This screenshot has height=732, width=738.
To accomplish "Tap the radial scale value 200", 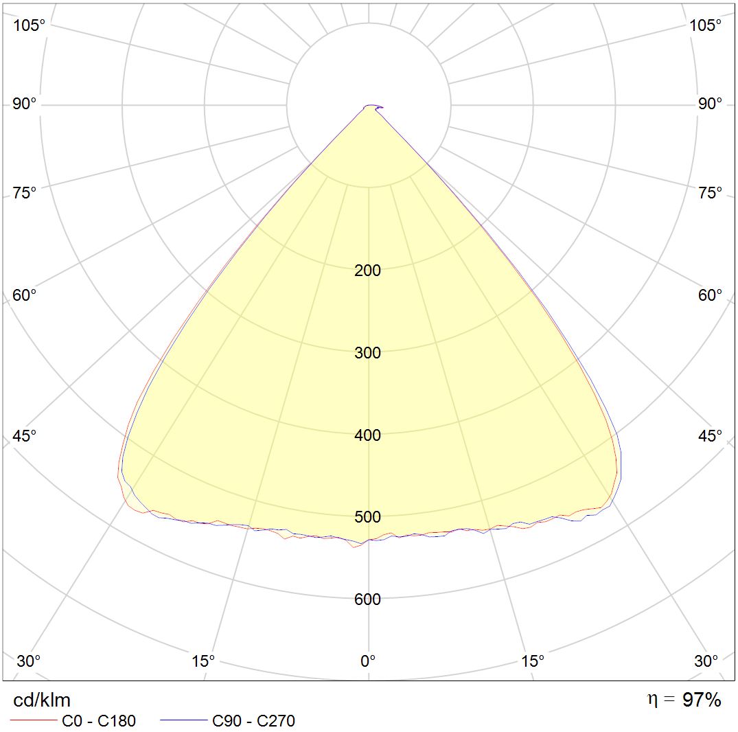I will click(367, 271).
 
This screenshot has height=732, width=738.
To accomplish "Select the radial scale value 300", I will click(367, 353).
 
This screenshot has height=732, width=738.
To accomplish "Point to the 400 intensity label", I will click(367, 435).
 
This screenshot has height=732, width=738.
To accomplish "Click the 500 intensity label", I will click(367, 517).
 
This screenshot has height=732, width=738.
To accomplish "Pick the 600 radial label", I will click(367, 599).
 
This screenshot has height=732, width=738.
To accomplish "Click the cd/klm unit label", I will click(42, 700).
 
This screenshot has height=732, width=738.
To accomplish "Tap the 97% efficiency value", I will click(702, 700).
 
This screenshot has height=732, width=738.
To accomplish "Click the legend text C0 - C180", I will click(99, 721).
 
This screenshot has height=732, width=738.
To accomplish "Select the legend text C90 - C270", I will click(253, 721).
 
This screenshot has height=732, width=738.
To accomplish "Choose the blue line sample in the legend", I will click(183, 721).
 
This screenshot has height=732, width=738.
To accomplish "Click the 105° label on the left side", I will click(30, 25).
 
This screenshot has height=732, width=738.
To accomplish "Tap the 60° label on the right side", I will click(710, 295).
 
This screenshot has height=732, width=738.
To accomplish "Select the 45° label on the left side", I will click(25, 437).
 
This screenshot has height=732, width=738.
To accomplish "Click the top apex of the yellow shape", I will click(369, 106).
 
